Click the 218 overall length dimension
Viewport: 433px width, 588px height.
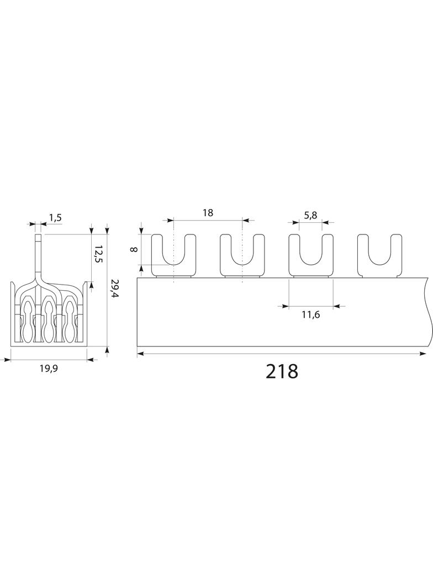click(x=282, y=371)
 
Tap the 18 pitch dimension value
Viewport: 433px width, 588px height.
click(x=208, y=212)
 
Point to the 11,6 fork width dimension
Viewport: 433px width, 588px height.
click(x=310, y=314)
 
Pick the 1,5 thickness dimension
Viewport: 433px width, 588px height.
click(x=55, y=217)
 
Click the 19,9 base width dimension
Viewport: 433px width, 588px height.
click(x=49, y=368)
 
